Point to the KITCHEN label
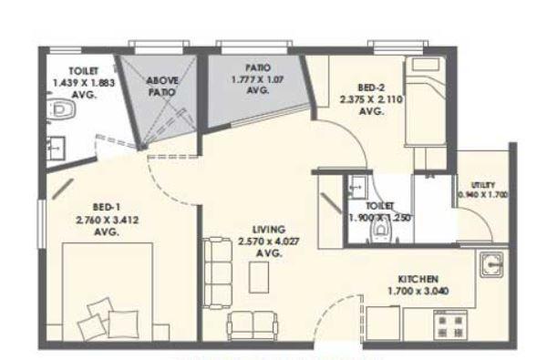419,278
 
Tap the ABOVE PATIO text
162,87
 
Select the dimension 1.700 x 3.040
419,292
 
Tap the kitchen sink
493,265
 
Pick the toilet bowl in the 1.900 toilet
379,232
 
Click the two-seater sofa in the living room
252,324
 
